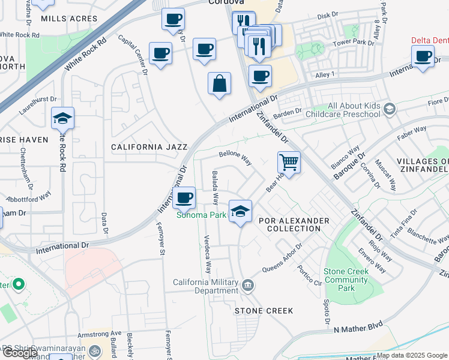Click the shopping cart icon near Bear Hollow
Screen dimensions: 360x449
coord(289,161)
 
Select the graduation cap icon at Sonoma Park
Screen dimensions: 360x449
coord(240,211)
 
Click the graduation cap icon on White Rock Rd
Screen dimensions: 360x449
coord(62,118)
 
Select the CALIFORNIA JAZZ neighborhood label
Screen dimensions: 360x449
coord(149,146)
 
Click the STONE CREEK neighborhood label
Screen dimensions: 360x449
coord(264,311)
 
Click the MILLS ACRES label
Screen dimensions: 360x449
coord(69,19)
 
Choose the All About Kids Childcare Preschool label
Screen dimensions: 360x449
coord(343,110)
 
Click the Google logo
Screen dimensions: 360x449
coord(20,353)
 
